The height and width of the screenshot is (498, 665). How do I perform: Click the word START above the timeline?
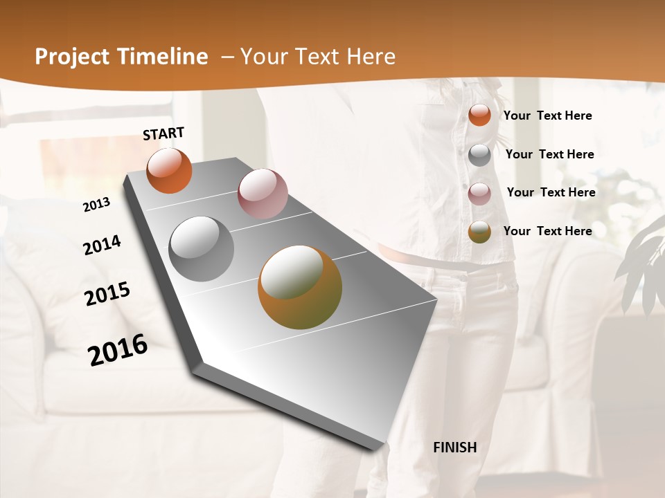pyautogui.click(x=163, y=133)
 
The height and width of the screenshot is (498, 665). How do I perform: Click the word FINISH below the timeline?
pyautogui.click(x=455, y=448)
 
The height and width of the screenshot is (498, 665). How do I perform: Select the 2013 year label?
pyautogui.click(x=97, y=205)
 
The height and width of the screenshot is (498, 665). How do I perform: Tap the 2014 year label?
pyautogui.click(x=103, y=245)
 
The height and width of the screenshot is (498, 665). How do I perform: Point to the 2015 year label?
pyautogui.click(x=107, y=294)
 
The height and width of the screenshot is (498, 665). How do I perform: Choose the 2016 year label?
pyautogui.click(x=118, y=349)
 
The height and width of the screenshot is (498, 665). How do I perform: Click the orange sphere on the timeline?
pyautogui.click(x=169, y=171)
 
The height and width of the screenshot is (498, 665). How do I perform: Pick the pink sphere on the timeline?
pyautogui.click(x=263, y=194)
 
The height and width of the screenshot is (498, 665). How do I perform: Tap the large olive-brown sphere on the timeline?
pyautogui.click(x=300, y=287)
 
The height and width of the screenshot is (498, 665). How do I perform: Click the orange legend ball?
pyautogui.click(x=479, y=115)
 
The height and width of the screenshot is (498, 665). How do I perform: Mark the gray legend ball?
pyautogui.click(x=479, y=155)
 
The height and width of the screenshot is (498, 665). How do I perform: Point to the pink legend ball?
pyautogui.click(x=479, y=194)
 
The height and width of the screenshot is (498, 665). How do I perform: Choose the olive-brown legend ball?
pyautogui.click(x=479, y=232)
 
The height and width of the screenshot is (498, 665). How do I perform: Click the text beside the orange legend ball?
pyautogui.click(x=547, y=116)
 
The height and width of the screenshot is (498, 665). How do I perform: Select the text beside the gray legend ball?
pyautogui.click(x=549, y=154)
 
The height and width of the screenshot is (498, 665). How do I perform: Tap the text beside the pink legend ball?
pyautogui.click(x=551, y=192)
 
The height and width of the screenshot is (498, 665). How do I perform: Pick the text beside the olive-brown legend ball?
pyautogui.click(x=547, y=231)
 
